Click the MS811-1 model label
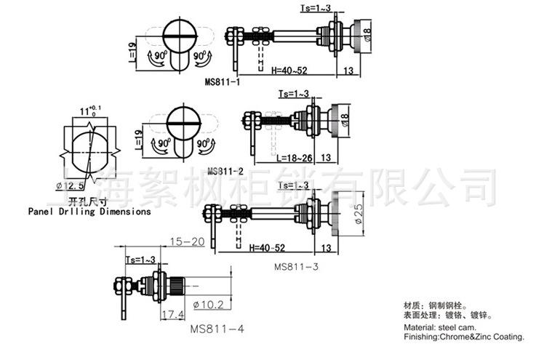click(224, 82)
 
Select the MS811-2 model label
click(225, 172)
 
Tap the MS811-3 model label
click(297, 266)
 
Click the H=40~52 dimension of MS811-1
click(289, 70)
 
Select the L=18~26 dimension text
click(295, 157)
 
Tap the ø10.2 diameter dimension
click(209, 303)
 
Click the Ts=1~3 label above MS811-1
click(315, 7)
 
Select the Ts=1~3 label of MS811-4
click(141, 260)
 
